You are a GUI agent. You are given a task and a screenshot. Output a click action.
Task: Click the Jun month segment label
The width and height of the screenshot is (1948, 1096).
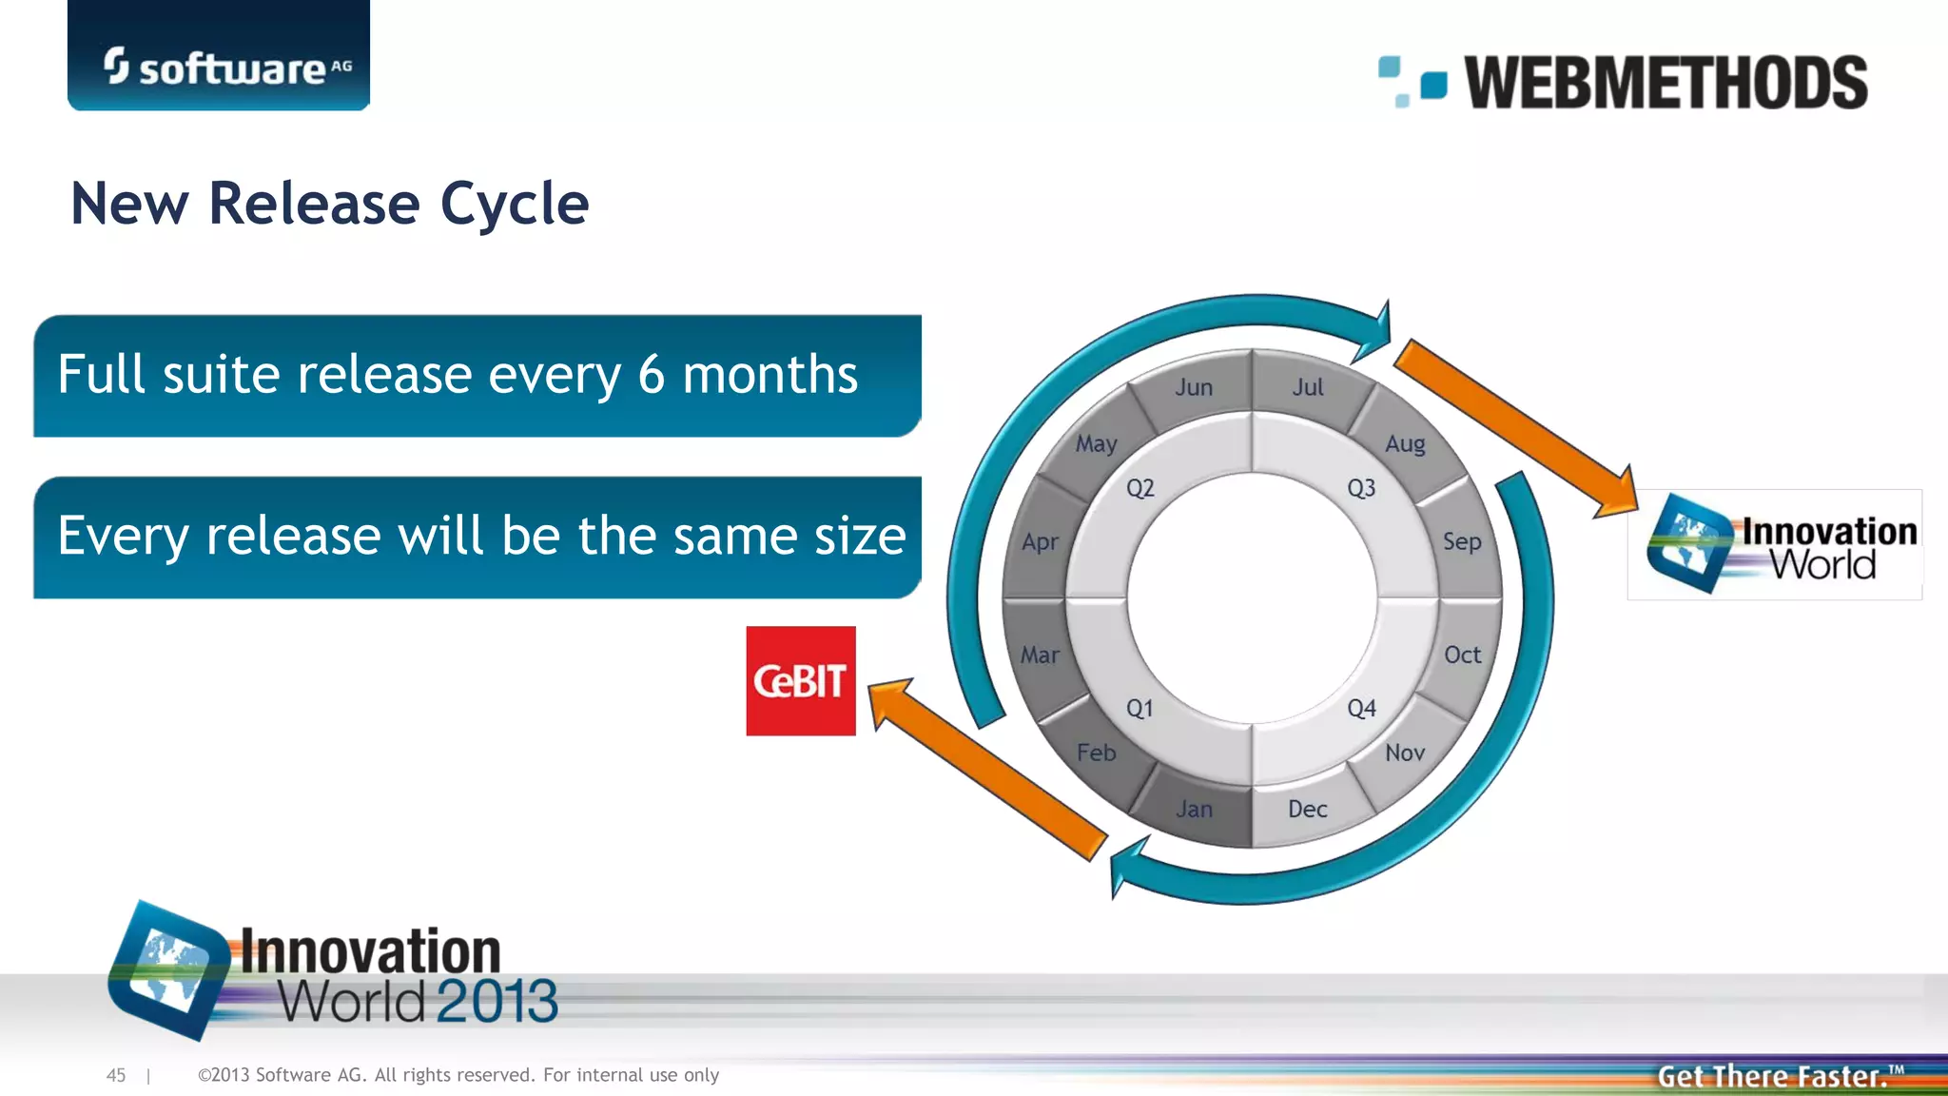point(1193,387)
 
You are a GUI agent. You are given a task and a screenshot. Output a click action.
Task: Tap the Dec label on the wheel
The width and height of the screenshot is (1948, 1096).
point(1307,809)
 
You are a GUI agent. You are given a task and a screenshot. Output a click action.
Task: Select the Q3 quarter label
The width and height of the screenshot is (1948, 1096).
point(1361,488)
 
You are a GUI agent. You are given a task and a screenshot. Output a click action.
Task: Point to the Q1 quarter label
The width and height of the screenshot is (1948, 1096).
point(1139,708)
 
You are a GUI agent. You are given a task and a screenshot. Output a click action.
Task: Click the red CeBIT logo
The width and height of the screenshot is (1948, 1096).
point(800,680)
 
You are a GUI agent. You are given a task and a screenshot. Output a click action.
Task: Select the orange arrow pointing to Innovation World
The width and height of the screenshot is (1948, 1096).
point(1517,428)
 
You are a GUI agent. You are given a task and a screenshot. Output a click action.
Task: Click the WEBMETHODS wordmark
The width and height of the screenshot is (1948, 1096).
point(1665,83)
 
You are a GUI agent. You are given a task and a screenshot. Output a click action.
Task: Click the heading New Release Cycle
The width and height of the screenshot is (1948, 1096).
point(330,204)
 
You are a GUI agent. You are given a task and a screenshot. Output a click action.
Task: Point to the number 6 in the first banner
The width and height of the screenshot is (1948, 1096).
point(651,374)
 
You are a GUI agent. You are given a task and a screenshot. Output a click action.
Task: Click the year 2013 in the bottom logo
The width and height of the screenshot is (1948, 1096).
point(497,1001)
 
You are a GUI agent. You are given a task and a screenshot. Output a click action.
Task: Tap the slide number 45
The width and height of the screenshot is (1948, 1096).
point(116,1075)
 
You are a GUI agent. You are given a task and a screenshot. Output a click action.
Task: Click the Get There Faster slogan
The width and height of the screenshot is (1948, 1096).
point(1775,1076)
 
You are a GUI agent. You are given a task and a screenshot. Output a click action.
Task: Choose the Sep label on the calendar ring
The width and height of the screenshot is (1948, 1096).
point(1461,541)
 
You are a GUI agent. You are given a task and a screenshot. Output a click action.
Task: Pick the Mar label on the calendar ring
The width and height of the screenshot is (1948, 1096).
point(1040,655)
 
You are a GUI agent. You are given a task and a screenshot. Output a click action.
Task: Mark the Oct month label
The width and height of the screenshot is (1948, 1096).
point(1462,655)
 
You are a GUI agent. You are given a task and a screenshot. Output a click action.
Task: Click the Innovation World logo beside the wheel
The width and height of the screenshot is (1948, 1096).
point(1775,545)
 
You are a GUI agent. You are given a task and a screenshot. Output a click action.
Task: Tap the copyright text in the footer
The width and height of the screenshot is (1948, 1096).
point(458,1075)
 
